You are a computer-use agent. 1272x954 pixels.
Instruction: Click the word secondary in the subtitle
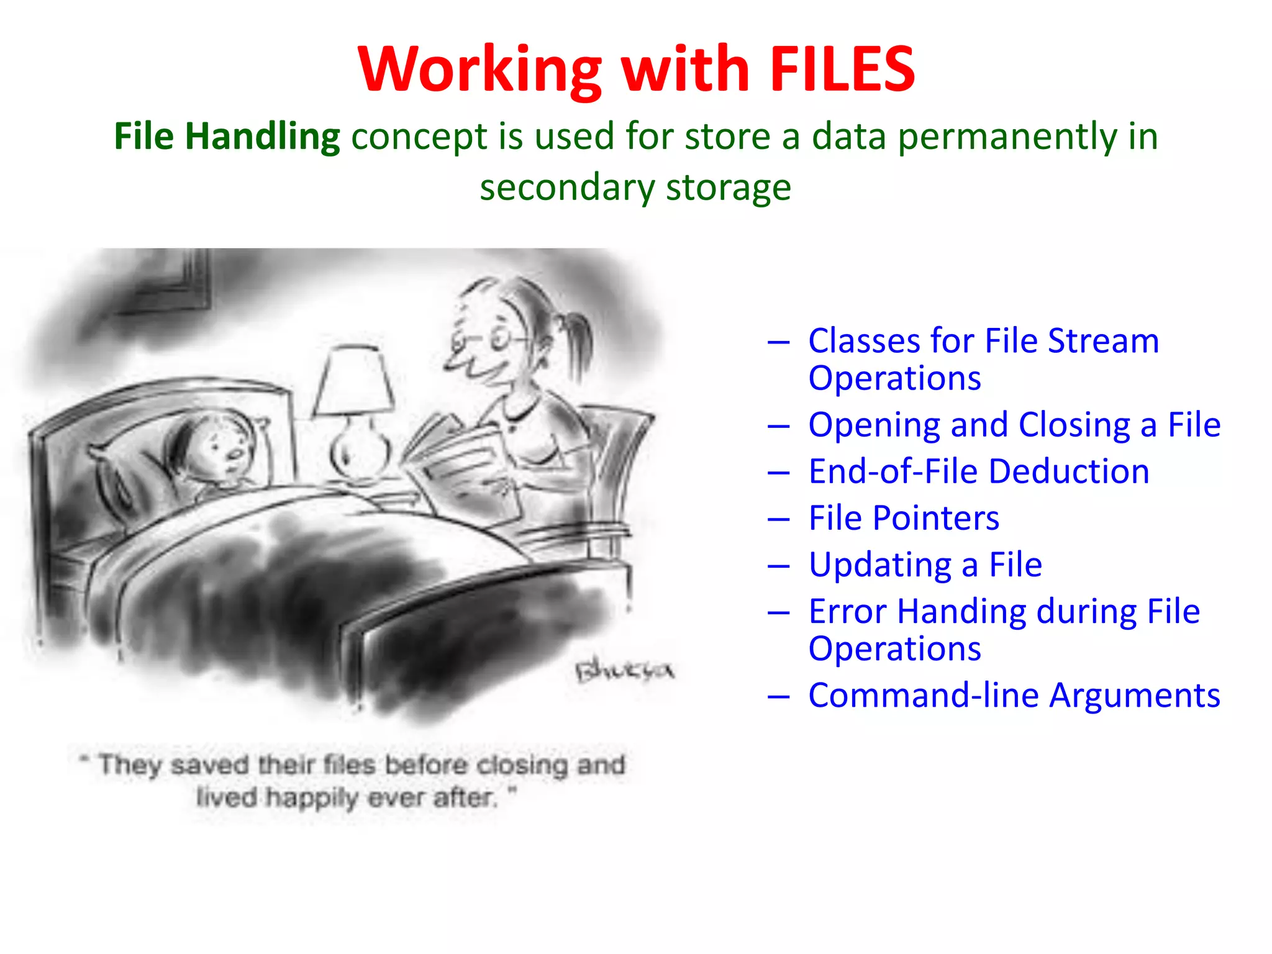(x=566, y=188)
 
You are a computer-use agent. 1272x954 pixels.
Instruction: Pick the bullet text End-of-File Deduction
(x=978, y=471)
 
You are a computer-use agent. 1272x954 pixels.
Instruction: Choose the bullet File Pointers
(x=904, y=518)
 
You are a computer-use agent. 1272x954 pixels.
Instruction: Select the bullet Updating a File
(x=925, y=565)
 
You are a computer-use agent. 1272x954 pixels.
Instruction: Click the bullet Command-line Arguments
(x=1014, y=695)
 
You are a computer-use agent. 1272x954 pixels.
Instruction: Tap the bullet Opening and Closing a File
(x=1014, y=425)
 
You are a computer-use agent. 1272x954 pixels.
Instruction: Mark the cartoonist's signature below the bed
(x=624, y=671)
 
